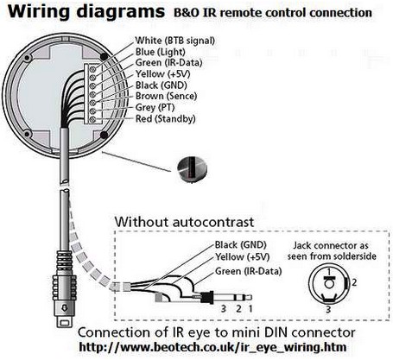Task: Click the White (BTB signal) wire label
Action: [x=174, y=41]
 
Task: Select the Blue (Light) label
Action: [x=160, y=52]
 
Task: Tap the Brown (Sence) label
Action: [x=166, y=96]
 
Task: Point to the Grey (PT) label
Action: [x=155, y=107]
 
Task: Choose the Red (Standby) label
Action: [x=165, y=118]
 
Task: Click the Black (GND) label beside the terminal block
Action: [x=161, y=85]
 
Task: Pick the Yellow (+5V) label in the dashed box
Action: [x=242, y=257]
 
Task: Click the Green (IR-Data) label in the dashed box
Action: [x=248, y=271]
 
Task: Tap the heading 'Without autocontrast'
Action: [x=184, y=222]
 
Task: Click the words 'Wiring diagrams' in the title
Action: [x=86, y=12]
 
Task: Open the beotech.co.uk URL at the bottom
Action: [x=212, y=347]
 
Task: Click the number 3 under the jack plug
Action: [x=224, y=309]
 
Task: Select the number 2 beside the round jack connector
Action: [x=354, y=282]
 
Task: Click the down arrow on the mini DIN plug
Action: [x=65, y=308]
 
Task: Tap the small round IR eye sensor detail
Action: [x=192, y=170]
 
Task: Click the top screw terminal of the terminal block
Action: [x=92, y=68]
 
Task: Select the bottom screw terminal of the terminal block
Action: [x=92, y=119]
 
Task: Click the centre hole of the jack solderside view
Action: [x=329, y=284]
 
